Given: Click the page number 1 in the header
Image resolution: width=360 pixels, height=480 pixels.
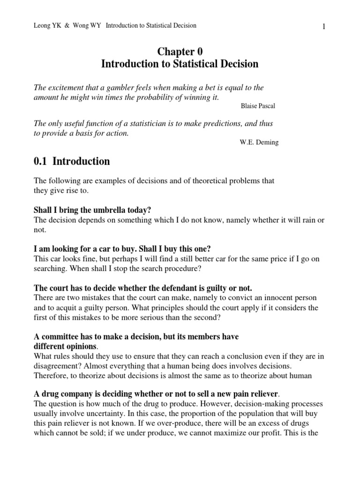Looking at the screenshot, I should (323, 27).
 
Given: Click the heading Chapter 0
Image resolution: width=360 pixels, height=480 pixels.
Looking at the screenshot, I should (180, 52).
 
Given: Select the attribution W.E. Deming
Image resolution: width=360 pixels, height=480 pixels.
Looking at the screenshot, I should (259, 142).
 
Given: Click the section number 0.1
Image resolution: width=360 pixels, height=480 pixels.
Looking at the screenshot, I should (41, 162).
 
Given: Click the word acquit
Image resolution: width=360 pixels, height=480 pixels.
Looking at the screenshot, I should (59, 308).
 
